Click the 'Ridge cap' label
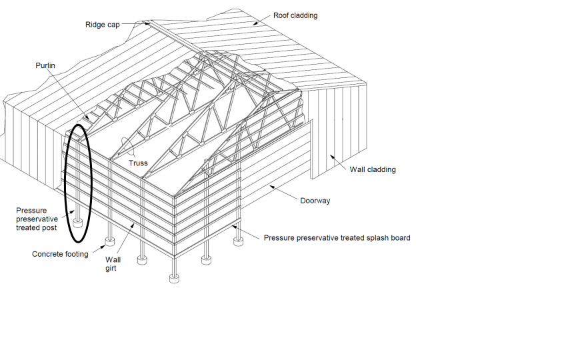(x=102, y=25)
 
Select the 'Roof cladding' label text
(x=295, y=15)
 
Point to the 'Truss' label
(x=138, y=162)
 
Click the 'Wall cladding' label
(x=372, y=169)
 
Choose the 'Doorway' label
(x=315, y=200)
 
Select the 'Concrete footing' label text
(x=60, y=254)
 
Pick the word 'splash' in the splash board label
(x=365, y=237)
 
